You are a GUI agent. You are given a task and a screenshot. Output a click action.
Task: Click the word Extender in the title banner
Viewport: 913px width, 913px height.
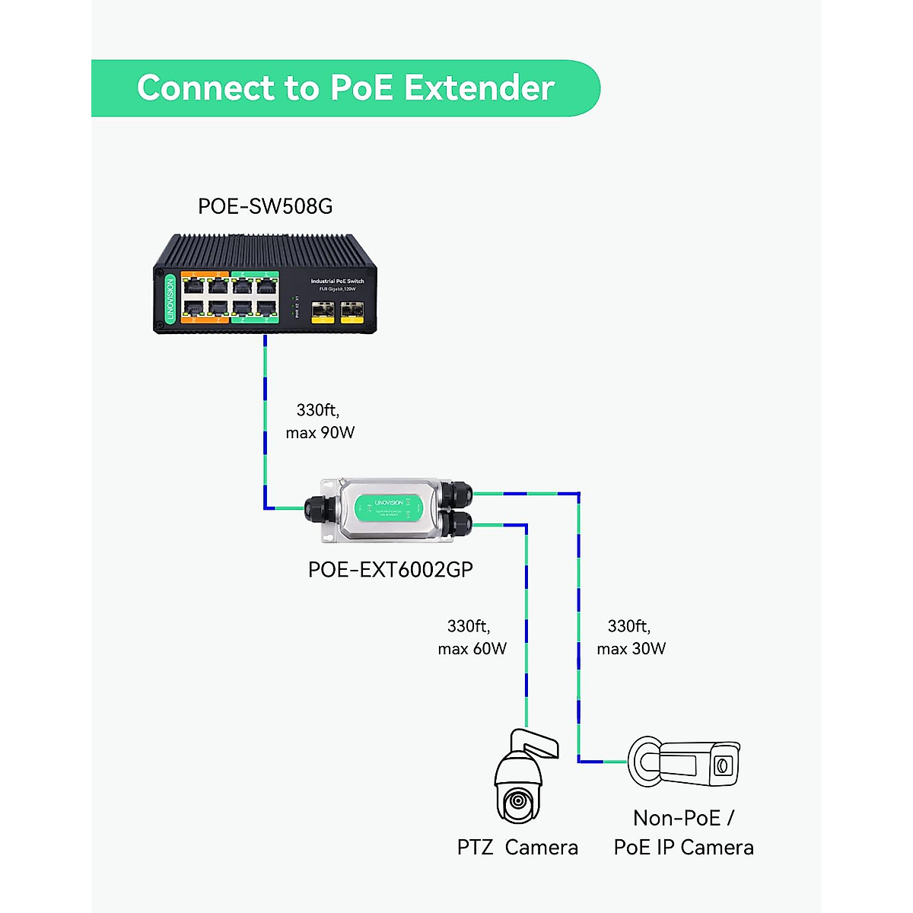[479, 88]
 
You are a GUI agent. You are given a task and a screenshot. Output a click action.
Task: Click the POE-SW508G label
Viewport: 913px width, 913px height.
[265, 207]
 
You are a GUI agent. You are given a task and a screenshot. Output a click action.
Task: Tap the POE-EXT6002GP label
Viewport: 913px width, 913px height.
[390, 570]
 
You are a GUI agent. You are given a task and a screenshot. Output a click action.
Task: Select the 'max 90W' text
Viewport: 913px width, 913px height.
[320, 433]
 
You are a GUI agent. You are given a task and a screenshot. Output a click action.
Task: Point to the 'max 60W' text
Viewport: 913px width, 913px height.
[472, 649]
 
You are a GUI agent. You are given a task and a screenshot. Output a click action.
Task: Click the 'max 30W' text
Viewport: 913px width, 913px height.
[631, 649]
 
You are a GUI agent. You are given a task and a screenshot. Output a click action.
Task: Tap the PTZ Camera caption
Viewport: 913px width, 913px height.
[517, 848]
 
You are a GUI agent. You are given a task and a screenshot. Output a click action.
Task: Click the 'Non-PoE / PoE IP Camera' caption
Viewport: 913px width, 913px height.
[683, 833]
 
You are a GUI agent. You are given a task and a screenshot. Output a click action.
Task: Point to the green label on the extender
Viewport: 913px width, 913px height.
[390, 507]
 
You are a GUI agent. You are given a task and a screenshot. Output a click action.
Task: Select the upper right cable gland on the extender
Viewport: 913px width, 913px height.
[458, 493]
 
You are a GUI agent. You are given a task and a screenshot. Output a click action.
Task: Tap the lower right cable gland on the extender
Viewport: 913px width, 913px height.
[458, 523]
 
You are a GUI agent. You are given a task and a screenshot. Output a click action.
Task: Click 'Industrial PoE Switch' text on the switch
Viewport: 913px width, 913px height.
[337, 282]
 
